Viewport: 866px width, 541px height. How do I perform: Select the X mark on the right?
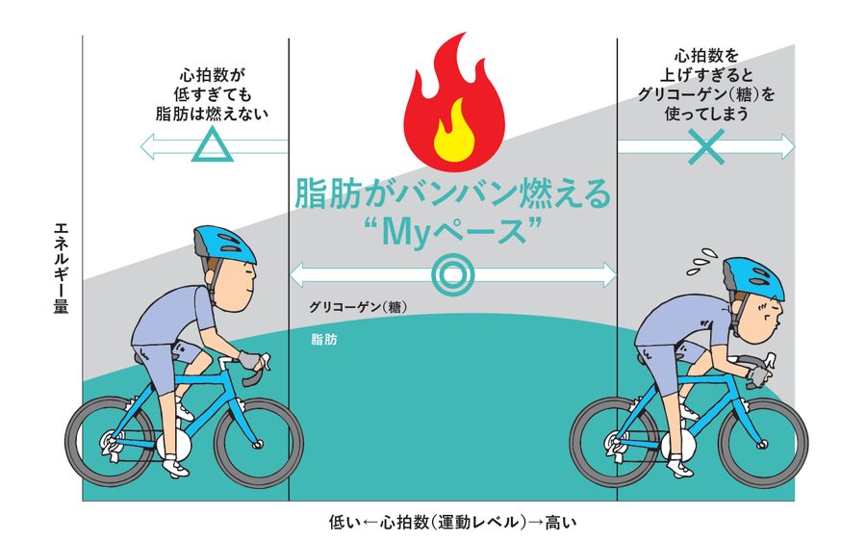[707, 146]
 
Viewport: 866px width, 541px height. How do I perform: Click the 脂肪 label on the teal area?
[324, 340]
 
